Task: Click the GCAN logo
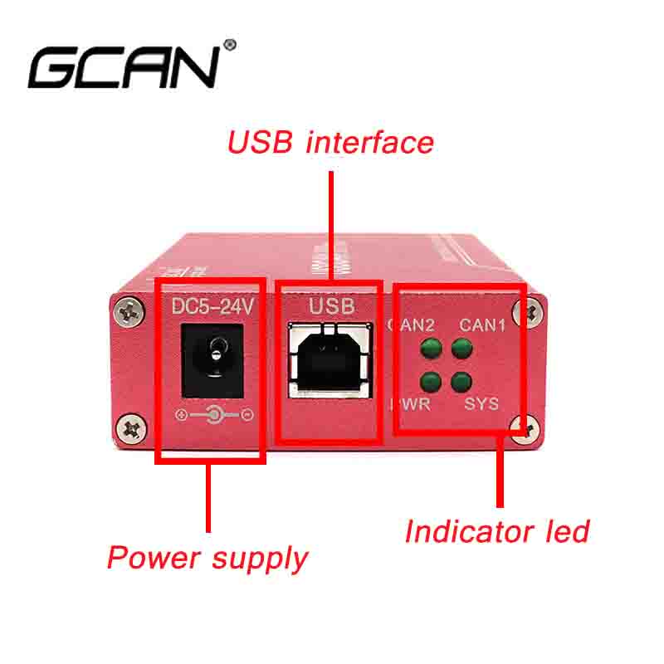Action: click(124, 66)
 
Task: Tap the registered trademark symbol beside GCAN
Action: click(230, 44)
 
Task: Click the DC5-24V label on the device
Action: click(211, 307)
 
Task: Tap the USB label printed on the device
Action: click(332, 306)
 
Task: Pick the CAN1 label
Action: click(482, 325)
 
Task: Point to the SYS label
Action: click(481, 405)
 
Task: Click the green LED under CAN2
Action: click(430, 349)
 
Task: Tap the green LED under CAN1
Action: click(461, 349)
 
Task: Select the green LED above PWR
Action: click(430, 382)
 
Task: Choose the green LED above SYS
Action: click(461, 382)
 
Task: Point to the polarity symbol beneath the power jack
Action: click(214, 414)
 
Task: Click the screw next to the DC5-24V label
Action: click(129, 313)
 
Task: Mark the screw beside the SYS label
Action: click(528, 426)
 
